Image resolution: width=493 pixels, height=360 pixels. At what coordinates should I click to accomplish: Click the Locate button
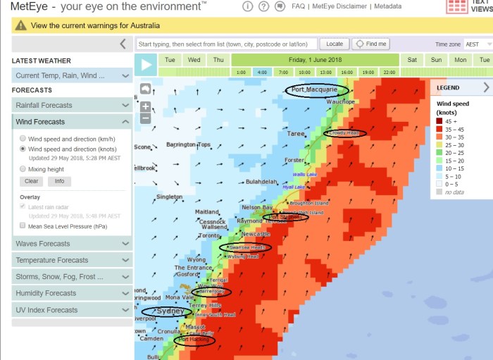[335, 44]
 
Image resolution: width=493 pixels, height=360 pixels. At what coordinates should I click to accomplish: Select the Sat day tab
[412, 60]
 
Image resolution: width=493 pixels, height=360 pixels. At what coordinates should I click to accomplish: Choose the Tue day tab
[170, 60]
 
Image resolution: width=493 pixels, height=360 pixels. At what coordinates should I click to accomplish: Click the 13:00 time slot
[325, 72]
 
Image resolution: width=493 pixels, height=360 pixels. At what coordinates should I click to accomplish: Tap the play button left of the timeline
[146, 66]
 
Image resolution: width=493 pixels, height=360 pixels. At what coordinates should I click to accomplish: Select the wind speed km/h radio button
[23, 138]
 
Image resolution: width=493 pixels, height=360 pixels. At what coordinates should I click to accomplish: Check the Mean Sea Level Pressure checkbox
[23, 226]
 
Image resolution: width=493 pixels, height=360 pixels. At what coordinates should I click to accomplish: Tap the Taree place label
[295, 134]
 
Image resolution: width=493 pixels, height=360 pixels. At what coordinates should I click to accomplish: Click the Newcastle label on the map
[256, 234]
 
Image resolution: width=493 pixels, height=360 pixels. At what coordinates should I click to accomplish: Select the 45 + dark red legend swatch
[439, 121]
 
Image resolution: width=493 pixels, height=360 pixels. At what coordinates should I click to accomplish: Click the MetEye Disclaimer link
[339, 6]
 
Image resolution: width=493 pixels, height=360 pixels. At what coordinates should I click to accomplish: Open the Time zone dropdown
[476, 44]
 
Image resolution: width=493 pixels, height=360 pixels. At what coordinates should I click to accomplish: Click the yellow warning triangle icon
[21, 25]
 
